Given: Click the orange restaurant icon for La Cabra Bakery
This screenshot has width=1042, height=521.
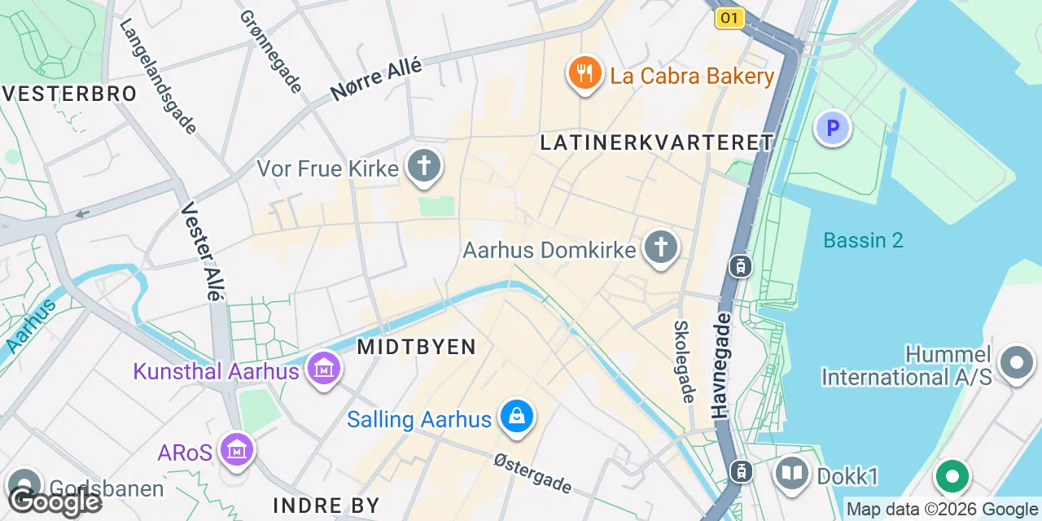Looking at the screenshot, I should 584,75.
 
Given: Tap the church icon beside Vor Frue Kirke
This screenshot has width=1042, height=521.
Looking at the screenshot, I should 423,167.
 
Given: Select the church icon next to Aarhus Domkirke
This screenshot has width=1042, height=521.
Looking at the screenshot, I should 661,247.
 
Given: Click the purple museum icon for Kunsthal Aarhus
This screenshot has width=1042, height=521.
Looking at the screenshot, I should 324,370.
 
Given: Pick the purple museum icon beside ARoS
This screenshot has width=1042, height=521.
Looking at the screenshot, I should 237,449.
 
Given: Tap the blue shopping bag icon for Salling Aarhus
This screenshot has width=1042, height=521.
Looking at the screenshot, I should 516,418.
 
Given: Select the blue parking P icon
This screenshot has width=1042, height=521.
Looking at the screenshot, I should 832,128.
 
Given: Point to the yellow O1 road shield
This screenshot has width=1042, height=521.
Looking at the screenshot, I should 730,18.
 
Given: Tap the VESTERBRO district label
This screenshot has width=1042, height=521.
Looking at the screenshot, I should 69,94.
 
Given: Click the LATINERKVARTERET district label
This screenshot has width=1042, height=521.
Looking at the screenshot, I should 656,142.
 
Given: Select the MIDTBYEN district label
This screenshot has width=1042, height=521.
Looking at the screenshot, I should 416,347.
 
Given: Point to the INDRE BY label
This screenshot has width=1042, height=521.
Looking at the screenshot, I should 326,505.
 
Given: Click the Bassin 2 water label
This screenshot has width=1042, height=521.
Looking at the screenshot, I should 863,240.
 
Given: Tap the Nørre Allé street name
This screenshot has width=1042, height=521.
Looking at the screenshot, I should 377,80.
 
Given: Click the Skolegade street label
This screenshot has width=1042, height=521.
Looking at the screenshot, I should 683,361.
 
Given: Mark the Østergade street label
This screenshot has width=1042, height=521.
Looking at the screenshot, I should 532,473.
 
